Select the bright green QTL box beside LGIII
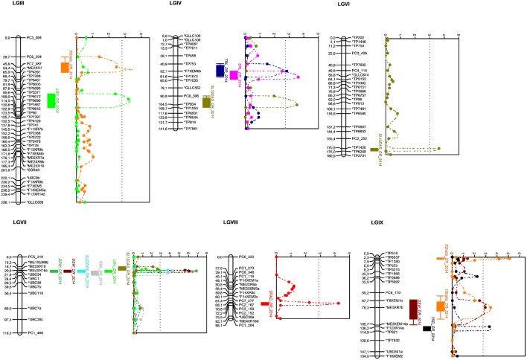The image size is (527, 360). coord(71,100)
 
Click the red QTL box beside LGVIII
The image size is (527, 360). coord(266,283)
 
